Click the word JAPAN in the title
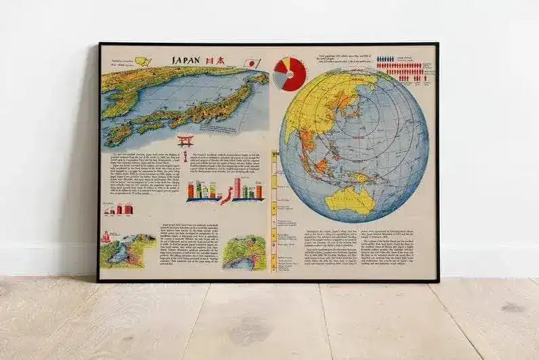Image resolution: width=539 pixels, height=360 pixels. [x=185, y=60]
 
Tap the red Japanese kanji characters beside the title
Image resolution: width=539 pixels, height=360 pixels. [x=216, y=60]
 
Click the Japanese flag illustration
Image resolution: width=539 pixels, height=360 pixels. [x=250, y=62]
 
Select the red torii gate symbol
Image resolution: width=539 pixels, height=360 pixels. [x=185, y=142]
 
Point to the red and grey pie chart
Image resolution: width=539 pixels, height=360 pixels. [x=290, y=73]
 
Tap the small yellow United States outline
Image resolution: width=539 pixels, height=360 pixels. [x=143, y=61]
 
